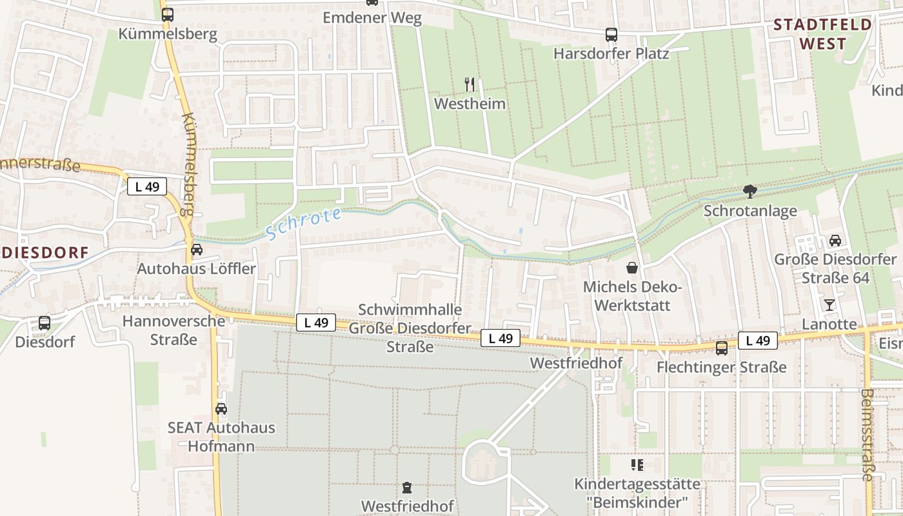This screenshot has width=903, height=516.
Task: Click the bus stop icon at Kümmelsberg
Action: click(x=168, y=14)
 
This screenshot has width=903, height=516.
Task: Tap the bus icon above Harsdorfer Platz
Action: click(x=611, y=35)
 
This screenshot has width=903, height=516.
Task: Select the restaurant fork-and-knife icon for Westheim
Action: click(x=470, y=84)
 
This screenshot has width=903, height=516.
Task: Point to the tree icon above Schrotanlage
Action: click(x=749, y=191)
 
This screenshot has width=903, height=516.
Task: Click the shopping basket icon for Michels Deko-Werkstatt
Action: click(x=632, y=267)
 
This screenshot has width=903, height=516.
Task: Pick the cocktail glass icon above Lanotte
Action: click(x=829, y=304)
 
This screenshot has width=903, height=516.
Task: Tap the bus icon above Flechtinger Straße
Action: click(x=721, y=348)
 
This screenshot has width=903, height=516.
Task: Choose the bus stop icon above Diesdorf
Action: click(x=45, y=322)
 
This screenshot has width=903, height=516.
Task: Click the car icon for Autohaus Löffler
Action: click(x=196, y=249)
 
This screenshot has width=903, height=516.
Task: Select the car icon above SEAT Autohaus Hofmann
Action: click(x=221, y=408)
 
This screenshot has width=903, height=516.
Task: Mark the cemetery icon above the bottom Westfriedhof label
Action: click(x=407, y=487)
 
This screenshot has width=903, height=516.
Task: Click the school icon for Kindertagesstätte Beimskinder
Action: click(x=637, y=464)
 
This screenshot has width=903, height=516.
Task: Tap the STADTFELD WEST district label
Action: click(x=822, y=34)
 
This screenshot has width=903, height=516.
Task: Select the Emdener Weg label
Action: click(x=372, y=17)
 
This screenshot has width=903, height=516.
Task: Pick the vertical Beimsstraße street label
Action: click(x=868, y=435)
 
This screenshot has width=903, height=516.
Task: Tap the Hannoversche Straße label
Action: click(x=174, y=330)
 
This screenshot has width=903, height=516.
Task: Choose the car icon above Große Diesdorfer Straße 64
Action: click(x=835, y=241)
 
